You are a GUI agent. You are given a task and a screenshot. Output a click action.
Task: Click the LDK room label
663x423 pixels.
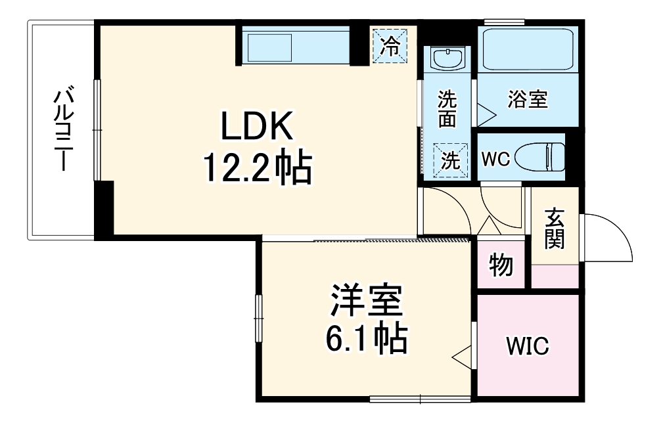click(256, 127)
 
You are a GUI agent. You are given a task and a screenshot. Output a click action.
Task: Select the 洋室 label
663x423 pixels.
click(365, 300)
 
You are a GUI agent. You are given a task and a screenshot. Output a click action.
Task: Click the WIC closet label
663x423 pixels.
click(527, 346)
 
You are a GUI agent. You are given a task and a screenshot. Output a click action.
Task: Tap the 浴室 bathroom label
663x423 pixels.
click(528, 100)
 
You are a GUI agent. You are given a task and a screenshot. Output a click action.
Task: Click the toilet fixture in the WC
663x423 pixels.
click(540, 157)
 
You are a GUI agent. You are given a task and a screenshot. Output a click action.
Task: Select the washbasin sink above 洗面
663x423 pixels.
click(448, 59)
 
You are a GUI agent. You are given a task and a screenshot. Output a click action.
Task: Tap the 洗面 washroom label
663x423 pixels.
click(447, 109)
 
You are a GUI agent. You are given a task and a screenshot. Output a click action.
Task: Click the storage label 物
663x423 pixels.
click(501, 265)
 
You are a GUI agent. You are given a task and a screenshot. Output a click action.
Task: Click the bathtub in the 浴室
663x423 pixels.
click(528, 49)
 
